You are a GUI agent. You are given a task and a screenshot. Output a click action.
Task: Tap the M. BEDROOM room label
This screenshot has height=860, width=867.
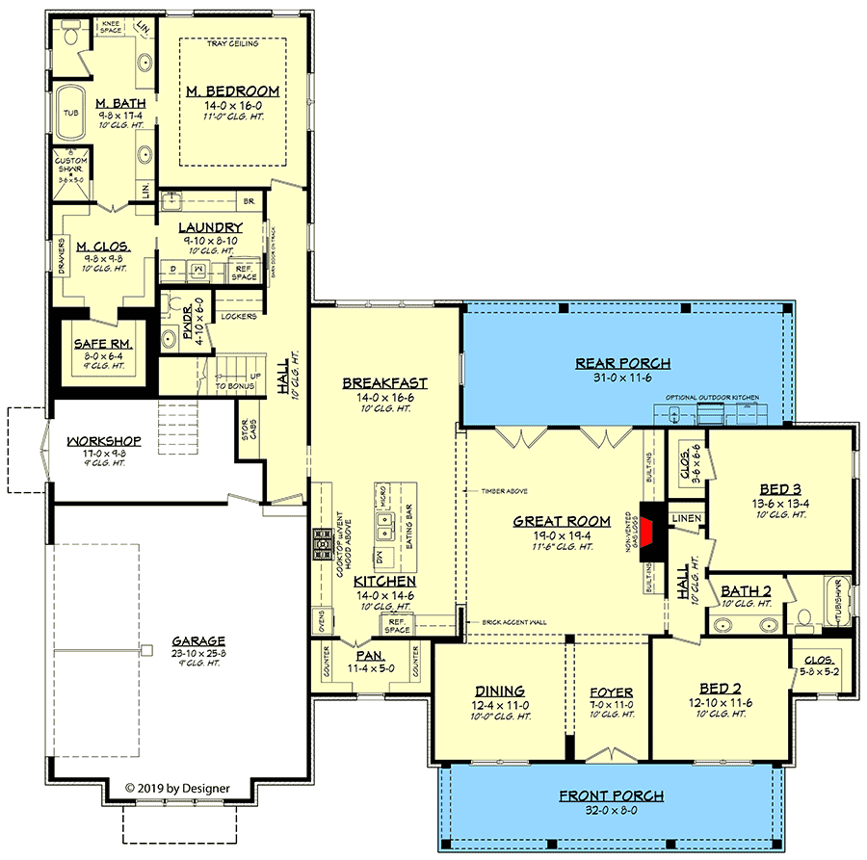[232, 91]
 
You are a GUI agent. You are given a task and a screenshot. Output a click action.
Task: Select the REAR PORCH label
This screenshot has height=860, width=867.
[622, 363]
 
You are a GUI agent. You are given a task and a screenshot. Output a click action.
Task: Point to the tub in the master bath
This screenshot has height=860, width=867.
[71, 114]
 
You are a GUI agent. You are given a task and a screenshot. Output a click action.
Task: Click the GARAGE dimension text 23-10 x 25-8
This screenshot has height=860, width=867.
[198, 652]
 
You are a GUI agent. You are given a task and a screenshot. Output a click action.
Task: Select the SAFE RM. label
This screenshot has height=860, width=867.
[102, 343]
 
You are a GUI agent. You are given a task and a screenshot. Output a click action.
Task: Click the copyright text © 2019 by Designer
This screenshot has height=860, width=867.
[178, 788]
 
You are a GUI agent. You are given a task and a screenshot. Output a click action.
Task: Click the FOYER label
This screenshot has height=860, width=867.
[611, 691]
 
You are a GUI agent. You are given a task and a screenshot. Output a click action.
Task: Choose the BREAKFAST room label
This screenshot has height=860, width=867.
[384, 383]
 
